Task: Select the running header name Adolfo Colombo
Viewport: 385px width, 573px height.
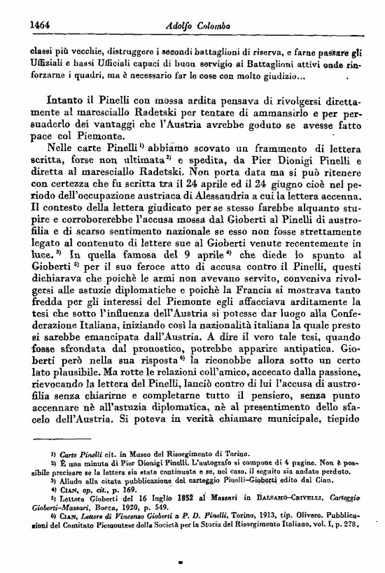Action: [x=191, y=24]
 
